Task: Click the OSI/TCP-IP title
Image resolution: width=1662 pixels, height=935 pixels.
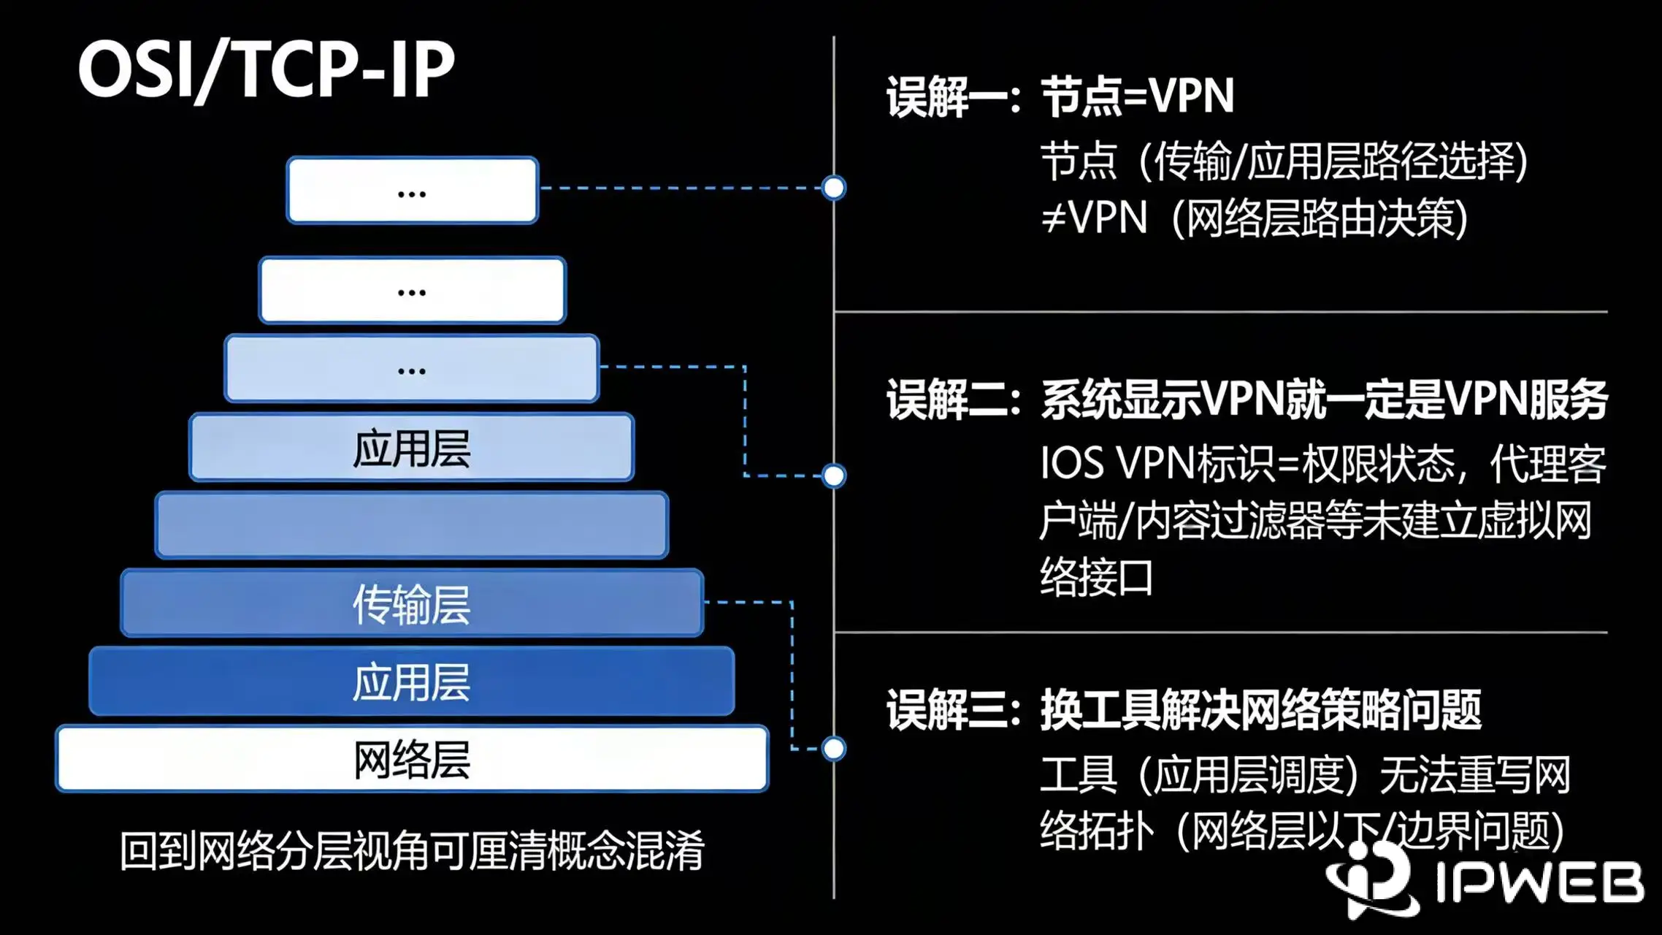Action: click(267, 69)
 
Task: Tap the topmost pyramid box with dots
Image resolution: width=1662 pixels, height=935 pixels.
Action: click(413, 191)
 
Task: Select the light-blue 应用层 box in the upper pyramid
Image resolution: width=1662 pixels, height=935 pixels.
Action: click(412, 448)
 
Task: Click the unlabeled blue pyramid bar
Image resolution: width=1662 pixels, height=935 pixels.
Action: click(412, 525)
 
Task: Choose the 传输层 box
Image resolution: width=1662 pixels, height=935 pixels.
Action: click(412, 604)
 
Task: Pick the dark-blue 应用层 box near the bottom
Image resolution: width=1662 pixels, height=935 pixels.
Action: click(412, 682)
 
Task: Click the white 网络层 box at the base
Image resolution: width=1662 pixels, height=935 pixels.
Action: click(412, 759)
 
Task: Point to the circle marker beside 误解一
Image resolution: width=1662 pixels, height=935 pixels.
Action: click(833, 188)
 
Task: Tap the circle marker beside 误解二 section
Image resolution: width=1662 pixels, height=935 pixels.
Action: click(833, 476)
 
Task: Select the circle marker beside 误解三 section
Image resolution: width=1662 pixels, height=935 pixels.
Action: click(833, 749)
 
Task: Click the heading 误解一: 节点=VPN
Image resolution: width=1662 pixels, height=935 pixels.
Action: click(1060, 96)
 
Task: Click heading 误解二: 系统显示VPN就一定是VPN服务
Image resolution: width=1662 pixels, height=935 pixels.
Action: click(1247, 400)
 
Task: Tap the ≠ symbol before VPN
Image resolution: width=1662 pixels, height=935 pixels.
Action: click(1054, 218)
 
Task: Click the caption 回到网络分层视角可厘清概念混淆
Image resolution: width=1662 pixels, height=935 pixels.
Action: click(412, 851)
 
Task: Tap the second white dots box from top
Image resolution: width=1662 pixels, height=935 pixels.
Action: click(413, 290)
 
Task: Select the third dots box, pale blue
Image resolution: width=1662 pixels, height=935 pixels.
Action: click(412, 369)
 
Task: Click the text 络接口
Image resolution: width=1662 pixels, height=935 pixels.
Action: click(1096, 578)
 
